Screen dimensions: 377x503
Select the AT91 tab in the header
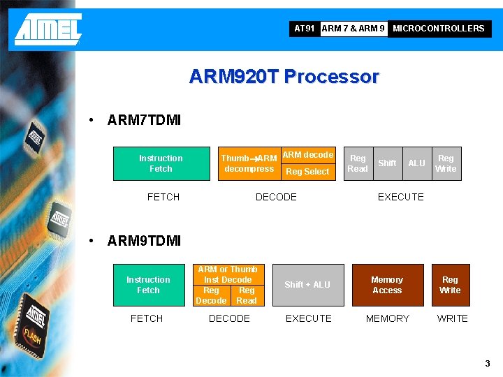(x=305, y=29)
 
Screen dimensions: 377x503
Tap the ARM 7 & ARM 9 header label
(x=353, y=29)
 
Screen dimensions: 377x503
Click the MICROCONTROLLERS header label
(x=438, y=29)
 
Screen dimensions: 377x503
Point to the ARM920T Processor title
(x=284, y=76)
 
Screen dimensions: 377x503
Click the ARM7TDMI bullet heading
(x=144, y=120)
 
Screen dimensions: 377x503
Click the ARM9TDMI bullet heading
(x=144, y=241)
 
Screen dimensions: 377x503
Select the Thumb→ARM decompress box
(x=249, y=163)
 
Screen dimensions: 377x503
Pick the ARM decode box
(x=307, y=155)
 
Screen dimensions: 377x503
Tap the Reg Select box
(x=307, y=172)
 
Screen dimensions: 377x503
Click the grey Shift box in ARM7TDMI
(x=387, y=163)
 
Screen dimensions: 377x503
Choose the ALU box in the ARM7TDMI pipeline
(x=416, y=163)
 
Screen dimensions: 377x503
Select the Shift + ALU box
(x=307, y=285)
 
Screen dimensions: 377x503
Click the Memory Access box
(x=387, y=285)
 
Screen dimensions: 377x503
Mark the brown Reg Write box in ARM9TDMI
(x=450, y=285)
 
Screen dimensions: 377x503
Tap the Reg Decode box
(x=211, y=295)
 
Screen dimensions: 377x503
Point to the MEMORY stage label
(x=387, y=318)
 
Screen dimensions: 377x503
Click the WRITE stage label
(x=452, y=318)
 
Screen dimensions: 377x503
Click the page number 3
(x=488, y=364)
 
